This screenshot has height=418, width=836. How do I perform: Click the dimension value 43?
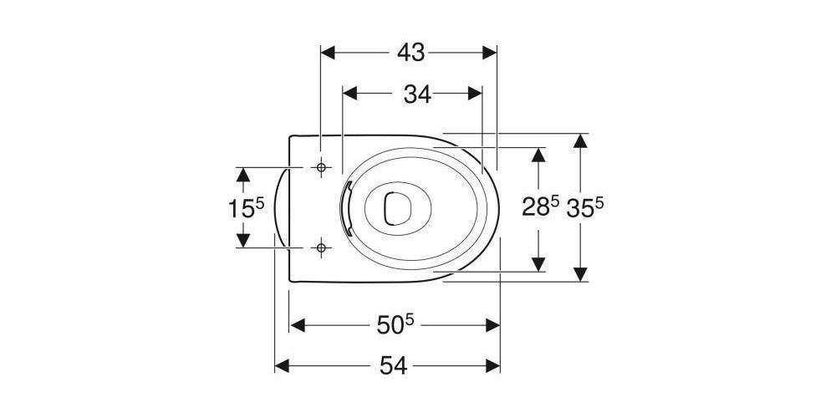coord(411,53)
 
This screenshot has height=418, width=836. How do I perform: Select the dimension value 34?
coord(417,94)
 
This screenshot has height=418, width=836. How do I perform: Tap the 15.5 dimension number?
coord(246,207)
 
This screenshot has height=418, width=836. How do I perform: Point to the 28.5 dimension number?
coord(540,206)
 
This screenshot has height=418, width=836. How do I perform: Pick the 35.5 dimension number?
coord(585,206)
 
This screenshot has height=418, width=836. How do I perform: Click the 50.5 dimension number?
coord(395,325)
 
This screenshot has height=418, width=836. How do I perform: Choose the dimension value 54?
coord(394,366)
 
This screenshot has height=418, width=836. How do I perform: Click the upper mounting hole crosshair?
coord(320,167)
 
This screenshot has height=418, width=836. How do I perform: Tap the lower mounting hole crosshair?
coord(320,248)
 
